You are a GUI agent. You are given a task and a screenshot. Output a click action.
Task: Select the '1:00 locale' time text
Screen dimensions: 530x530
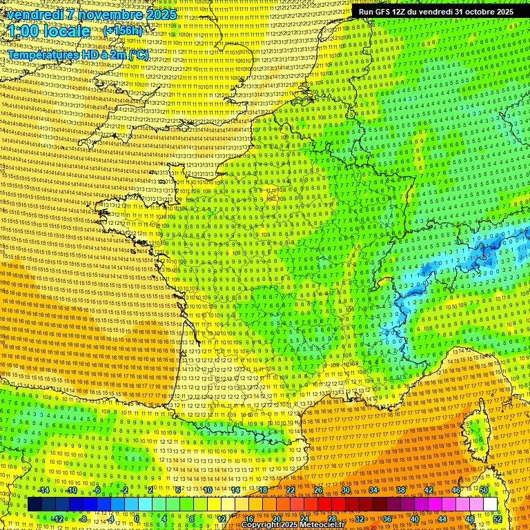[50, 32]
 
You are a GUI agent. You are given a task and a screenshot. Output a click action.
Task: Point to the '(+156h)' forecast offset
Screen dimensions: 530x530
[122, 31]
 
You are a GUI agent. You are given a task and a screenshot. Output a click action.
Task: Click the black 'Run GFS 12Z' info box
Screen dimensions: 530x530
[435, 12]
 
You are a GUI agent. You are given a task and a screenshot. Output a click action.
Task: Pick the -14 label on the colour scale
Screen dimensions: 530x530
[43, 490]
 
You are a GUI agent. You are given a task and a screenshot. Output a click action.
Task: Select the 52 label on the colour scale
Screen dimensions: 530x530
[498, 519]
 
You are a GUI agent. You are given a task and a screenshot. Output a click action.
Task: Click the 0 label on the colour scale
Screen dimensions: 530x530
[136, 519]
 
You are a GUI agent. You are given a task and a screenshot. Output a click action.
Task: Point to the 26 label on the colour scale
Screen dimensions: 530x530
[318, 490]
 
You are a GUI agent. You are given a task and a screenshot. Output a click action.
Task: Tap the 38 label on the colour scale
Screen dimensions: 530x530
[400, 490]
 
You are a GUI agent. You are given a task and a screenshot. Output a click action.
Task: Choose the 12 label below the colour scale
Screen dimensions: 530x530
[222, 519]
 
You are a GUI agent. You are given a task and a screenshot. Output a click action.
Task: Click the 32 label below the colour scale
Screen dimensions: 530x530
[360, 519]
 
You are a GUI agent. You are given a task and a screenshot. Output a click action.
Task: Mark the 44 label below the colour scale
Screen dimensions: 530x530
[442, 519]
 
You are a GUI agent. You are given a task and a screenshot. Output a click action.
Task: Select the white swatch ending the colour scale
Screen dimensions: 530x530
[490, 504]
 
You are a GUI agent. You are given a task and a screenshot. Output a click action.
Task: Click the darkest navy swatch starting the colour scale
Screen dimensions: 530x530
[35, 504]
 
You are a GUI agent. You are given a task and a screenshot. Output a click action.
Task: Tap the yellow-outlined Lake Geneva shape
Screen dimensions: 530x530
[384, 282]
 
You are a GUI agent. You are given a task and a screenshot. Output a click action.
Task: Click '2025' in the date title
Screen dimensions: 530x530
[156, 14]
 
